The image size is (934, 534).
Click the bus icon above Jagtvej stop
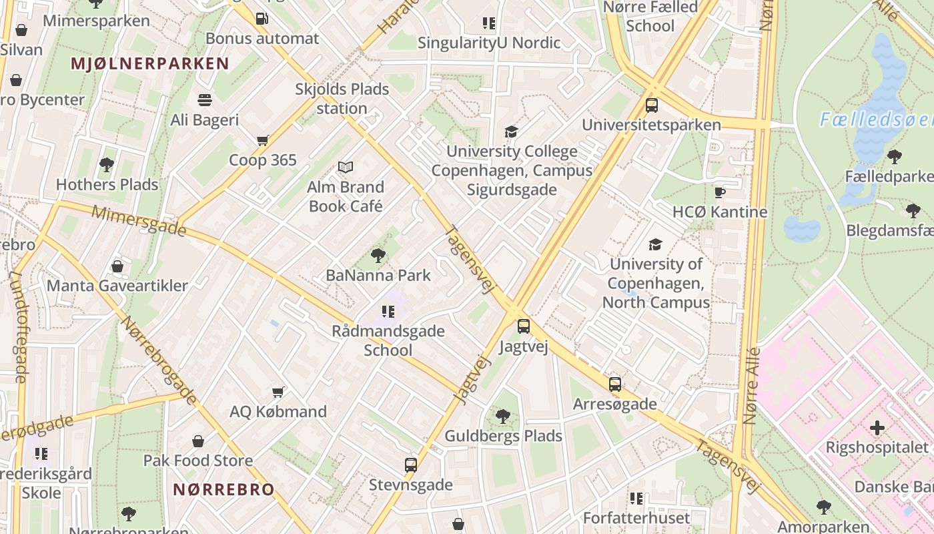(x=524, y=326)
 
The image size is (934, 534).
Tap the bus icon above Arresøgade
(x=615, y=384)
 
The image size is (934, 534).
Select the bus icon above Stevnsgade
(x=411, y=465)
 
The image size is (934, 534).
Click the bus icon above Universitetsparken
(x=652, y=105)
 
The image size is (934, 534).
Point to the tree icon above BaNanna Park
(x=378, y=255)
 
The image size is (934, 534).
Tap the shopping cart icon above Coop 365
(x=262, y=140)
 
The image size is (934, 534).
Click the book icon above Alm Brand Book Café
(x=345, y=167)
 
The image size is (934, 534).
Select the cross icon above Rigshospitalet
(x=877, y=427)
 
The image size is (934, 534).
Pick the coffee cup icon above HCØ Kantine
(x=720, y=192)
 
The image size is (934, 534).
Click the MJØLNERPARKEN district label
(x=149, y=64)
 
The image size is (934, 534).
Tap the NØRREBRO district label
(x=223, y=489)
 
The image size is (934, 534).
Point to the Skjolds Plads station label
(x=342, y=98)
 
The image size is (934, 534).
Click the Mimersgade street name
(x=139, y=220)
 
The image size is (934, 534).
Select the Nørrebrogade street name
(x=158, y=360)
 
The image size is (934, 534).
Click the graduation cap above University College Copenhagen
(x=511, y=131)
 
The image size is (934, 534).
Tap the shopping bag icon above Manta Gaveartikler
(x=117, y=266)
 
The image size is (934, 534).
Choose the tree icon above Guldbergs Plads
(x=503, y=417)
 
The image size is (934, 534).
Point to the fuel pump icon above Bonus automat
(x=262, y=18)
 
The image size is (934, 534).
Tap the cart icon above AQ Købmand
(x=278, y=392)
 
